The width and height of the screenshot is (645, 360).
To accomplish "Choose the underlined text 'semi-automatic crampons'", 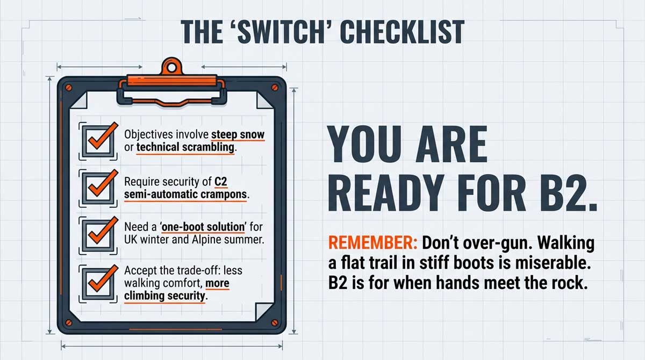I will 185,195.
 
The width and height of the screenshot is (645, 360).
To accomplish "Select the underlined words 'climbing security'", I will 164,295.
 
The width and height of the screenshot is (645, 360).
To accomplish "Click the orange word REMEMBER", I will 372,243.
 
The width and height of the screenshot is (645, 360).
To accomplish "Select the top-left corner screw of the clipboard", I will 69,86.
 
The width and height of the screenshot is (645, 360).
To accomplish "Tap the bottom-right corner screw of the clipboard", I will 275,322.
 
